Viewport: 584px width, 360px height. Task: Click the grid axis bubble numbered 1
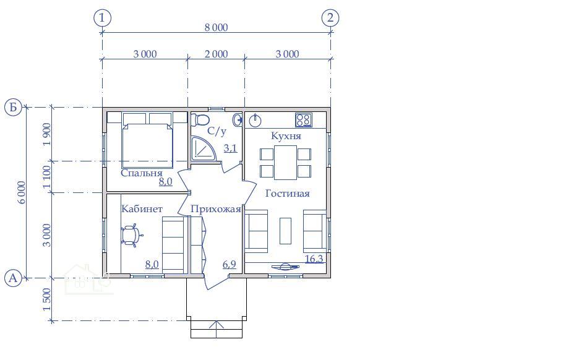pyautogui.click(x=103, y=18)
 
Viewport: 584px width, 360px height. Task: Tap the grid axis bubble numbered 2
pyautogui.click(x=330, y=18)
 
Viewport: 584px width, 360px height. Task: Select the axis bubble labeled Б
pyautogui.click(x=13, y=107)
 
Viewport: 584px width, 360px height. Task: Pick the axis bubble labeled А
pyautogui.click(x=13, y=278)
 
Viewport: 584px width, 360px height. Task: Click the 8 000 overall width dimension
pyautogui.click(x=217, y=27)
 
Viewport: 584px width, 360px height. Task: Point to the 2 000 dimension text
pyautogui.click(x=217, y=54)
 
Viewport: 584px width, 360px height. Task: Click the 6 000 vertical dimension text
pyautogui.click(x=22, y=192)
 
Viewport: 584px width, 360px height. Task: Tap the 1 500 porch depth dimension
pyautogui.click(x=46, y=299)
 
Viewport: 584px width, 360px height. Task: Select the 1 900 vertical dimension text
pyautogui.click(x=46, y=134)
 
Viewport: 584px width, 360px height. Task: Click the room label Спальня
pyautogui.click(x=142, y=173)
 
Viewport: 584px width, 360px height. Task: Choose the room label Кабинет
pyautogui.click(x=142, y=208)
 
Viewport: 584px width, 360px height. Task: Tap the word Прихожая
pyautogui.click(x=216, y=209)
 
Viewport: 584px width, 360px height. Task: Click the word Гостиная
pyautogui.click(x=288, y=193)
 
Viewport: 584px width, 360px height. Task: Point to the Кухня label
pyautogui.click(x=286, y=136)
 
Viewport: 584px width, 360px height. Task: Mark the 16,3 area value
pyautogui.click(x=314, y=259)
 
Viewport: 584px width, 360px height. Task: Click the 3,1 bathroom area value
pyautogui.click(x=230, y=148)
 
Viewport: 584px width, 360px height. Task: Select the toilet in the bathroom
pyautogui.click(x=200, y=120)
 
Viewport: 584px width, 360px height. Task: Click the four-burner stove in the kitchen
pyautogui.click(x=304, y=120)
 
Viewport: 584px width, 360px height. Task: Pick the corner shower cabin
pyautogui.click(x=204, y=149)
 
